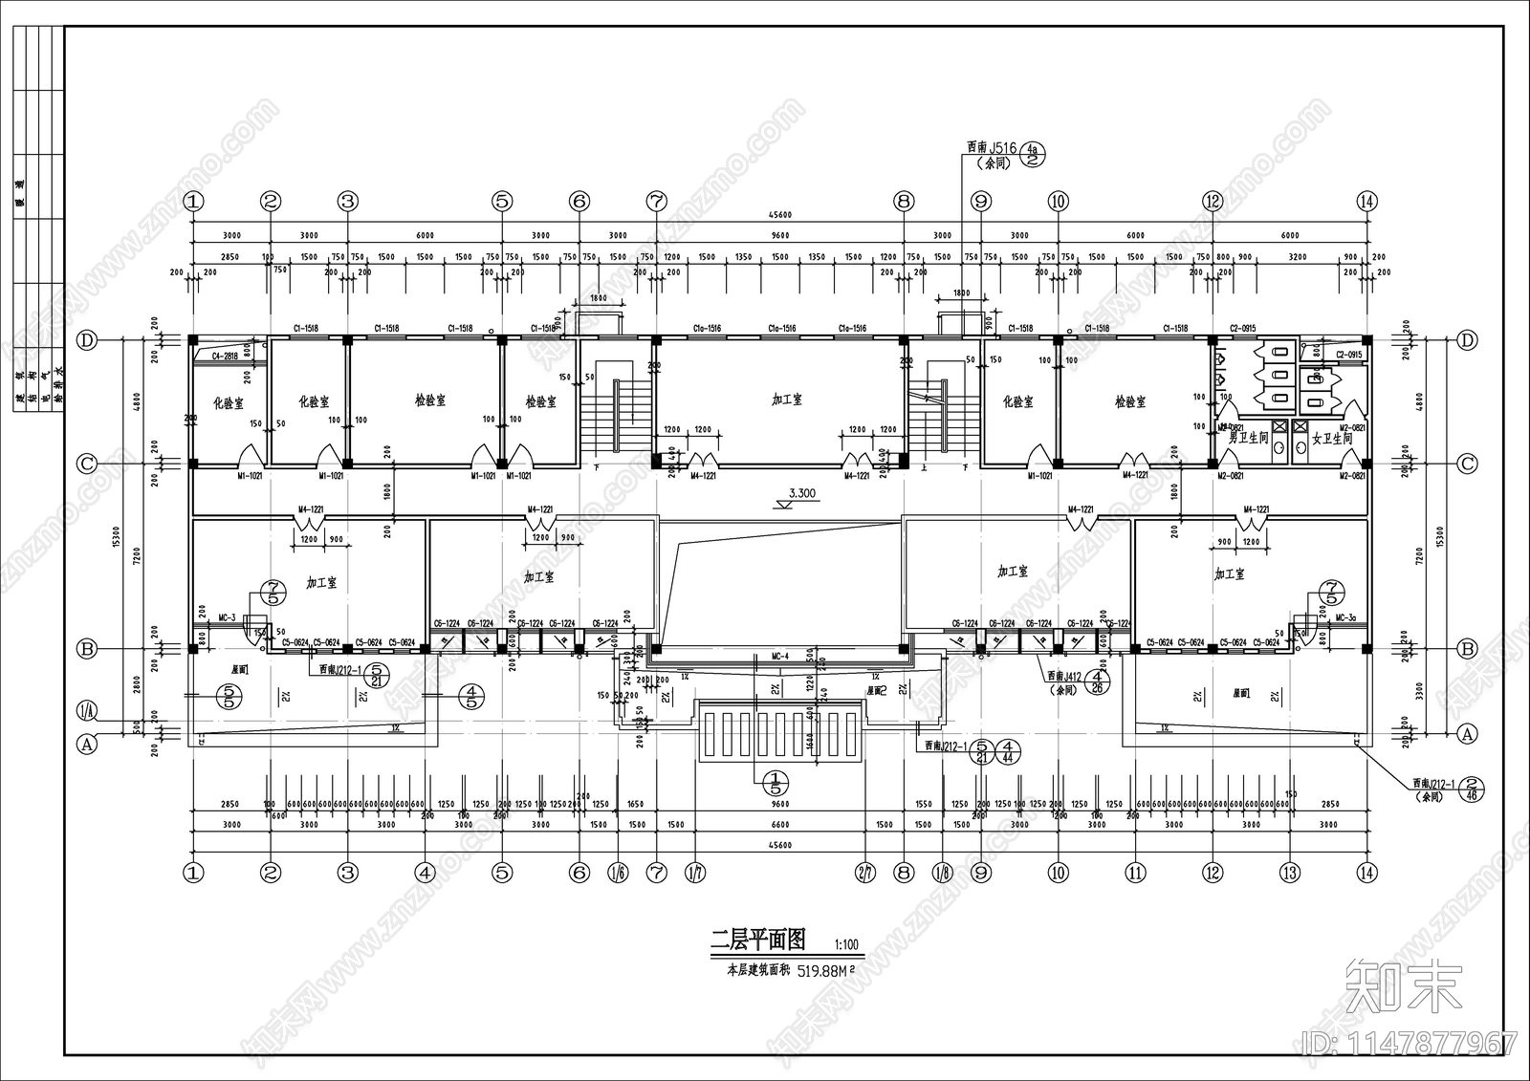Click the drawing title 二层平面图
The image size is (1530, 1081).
758,940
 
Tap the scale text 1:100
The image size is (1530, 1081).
846,945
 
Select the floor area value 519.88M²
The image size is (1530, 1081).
824,970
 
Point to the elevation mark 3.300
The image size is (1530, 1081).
801,494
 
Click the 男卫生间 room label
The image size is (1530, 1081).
1249,439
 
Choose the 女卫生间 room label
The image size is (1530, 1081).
1332,439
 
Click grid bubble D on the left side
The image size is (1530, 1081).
87,340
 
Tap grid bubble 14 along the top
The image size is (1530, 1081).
1366,202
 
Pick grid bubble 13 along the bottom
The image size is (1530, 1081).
1290,872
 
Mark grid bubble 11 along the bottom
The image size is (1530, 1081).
1135,872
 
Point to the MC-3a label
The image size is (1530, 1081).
1345,618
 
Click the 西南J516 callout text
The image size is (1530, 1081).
991,148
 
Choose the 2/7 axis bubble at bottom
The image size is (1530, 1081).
865,872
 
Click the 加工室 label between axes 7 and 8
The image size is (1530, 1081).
787,400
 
